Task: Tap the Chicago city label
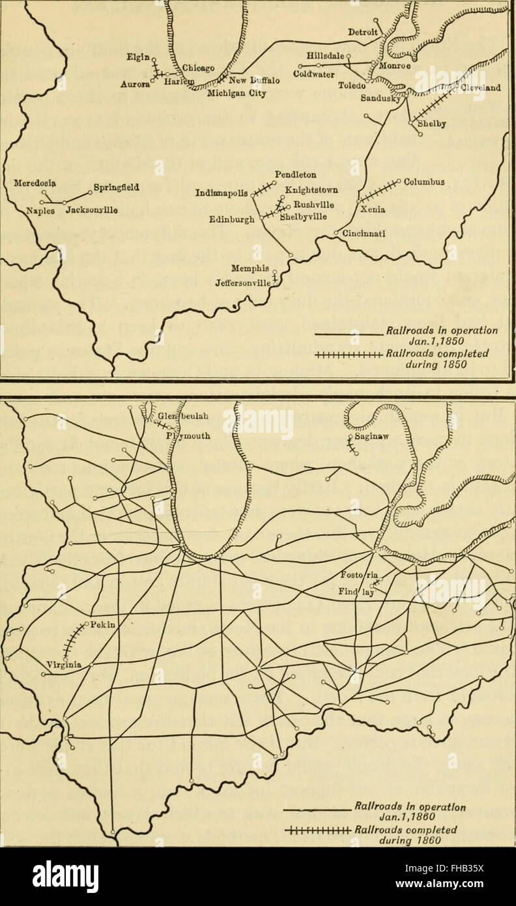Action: [x=195, y=67]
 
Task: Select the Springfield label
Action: [x=117, y=188]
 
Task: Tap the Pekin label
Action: [x=102, y=624]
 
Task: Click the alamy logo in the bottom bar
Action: [x=65, y=876]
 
